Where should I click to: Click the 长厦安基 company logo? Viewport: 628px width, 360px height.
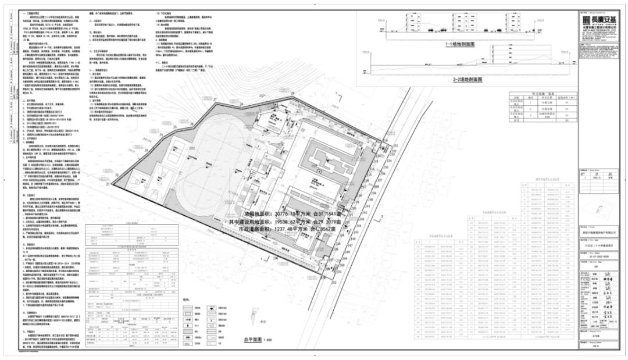tap(593, 18)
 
